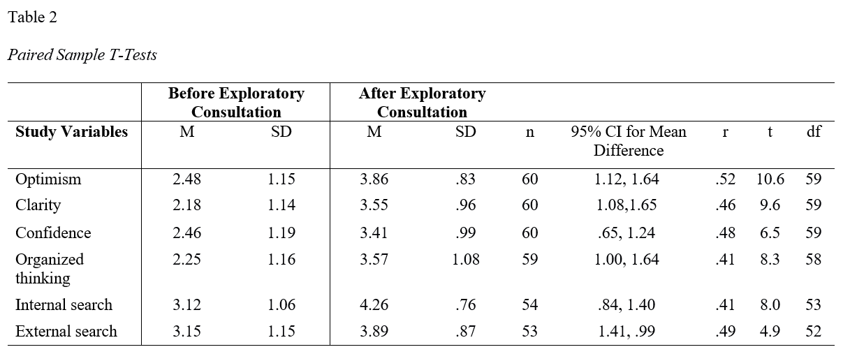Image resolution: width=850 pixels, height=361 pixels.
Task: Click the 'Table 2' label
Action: (x=32, y=17)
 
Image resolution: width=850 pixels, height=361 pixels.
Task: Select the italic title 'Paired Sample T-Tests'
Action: (x=82, y=55)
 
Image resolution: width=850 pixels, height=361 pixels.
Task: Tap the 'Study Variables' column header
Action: (x=71, y=131)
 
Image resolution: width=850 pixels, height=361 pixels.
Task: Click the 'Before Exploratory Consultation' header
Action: (x=236, y=103)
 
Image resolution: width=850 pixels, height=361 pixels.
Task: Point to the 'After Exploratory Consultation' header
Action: (x=422, y=103)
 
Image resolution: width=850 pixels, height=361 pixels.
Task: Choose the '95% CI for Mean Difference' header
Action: (x=629, y=140)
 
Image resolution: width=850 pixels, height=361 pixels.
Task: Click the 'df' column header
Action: (x=814, y=131)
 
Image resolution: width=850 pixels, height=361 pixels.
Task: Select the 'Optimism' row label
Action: (x=48, y=179)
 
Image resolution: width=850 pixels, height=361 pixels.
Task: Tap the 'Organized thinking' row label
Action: (x=50, y=268)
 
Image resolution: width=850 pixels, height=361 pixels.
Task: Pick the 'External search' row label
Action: (x=66, y=332)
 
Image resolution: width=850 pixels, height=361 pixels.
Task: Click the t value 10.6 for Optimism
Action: (x=770, y=179)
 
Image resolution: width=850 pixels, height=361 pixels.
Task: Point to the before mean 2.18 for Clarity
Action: (x=186, y=205)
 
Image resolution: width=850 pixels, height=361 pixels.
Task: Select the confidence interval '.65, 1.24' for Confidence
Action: (x=626, y=233)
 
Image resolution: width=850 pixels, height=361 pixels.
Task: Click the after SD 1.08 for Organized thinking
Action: (x=466, y=259)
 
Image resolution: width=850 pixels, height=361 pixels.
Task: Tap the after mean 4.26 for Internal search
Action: (x=374, y=305)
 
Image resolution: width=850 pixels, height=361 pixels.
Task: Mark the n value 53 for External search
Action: (x=529, y=332)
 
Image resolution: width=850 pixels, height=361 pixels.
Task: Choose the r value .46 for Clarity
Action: (x=725, y=205)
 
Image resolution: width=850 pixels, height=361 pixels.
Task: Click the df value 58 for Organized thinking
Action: (x=814, y=259)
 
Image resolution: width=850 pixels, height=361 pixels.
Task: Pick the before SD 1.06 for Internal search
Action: (x=281, y=305)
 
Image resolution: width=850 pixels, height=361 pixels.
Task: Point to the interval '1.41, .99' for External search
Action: (x=626, y=332)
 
